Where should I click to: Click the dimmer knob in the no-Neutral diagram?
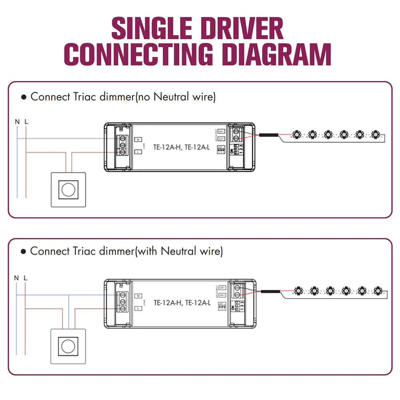[68, 190]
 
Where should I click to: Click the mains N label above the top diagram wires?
[17, 121]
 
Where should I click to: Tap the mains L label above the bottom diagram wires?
[26, 277]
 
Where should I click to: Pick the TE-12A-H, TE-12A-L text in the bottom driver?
[182, 303]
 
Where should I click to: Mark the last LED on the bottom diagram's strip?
[377, 290]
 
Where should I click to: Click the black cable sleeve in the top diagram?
[269, 135]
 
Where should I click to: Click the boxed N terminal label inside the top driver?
[138, 139]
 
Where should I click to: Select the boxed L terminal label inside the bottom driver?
[138, 308]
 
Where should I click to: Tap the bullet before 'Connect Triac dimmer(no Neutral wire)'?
[24, 97]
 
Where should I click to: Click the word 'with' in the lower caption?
[148, 251]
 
